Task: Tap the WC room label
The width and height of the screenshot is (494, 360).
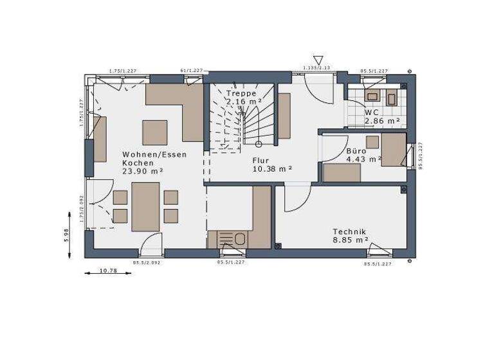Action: click(x=372, y=112)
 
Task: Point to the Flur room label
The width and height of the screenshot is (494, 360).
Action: click(x=260, y=160)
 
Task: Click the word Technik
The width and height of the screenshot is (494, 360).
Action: click(x=349, y=231)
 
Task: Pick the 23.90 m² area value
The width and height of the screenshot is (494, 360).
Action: click(x=142, y=171)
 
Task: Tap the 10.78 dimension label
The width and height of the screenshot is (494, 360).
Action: click(x=108, y=271)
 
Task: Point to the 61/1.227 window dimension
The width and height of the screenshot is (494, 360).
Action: click(x=192, y=70)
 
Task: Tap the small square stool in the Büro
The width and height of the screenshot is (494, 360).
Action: click(x=372, y=142)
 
